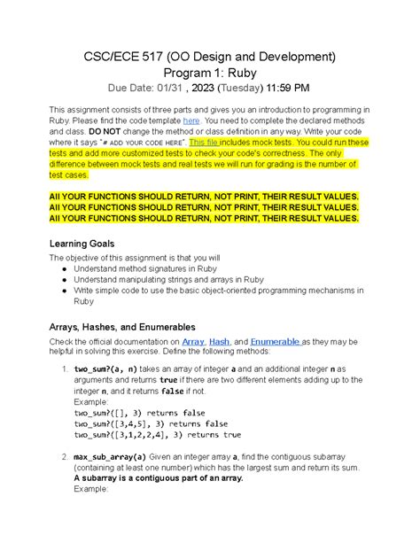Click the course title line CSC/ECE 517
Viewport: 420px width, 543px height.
click(209, 57)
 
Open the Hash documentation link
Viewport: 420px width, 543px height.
click(220, 342)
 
